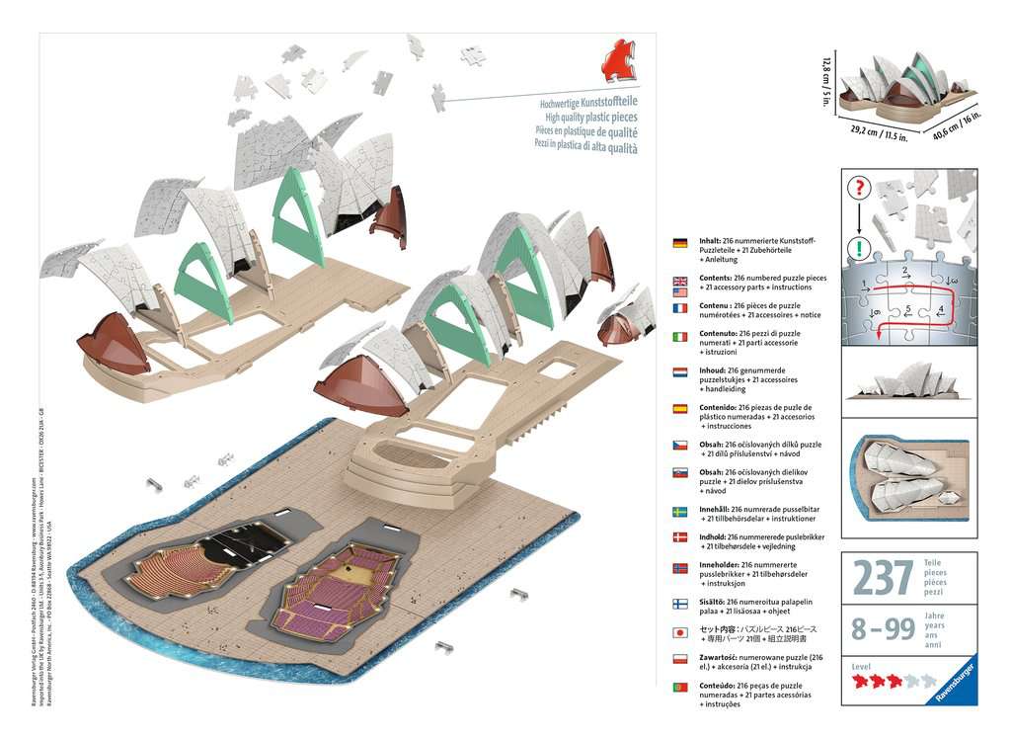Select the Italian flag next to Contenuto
pos(680,338)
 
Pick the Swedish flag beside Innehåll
pos(680,512)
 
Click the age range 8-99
pos(882,628)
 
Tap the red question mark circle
pos(859,188)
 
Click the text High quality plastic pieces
pos(588,117)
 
